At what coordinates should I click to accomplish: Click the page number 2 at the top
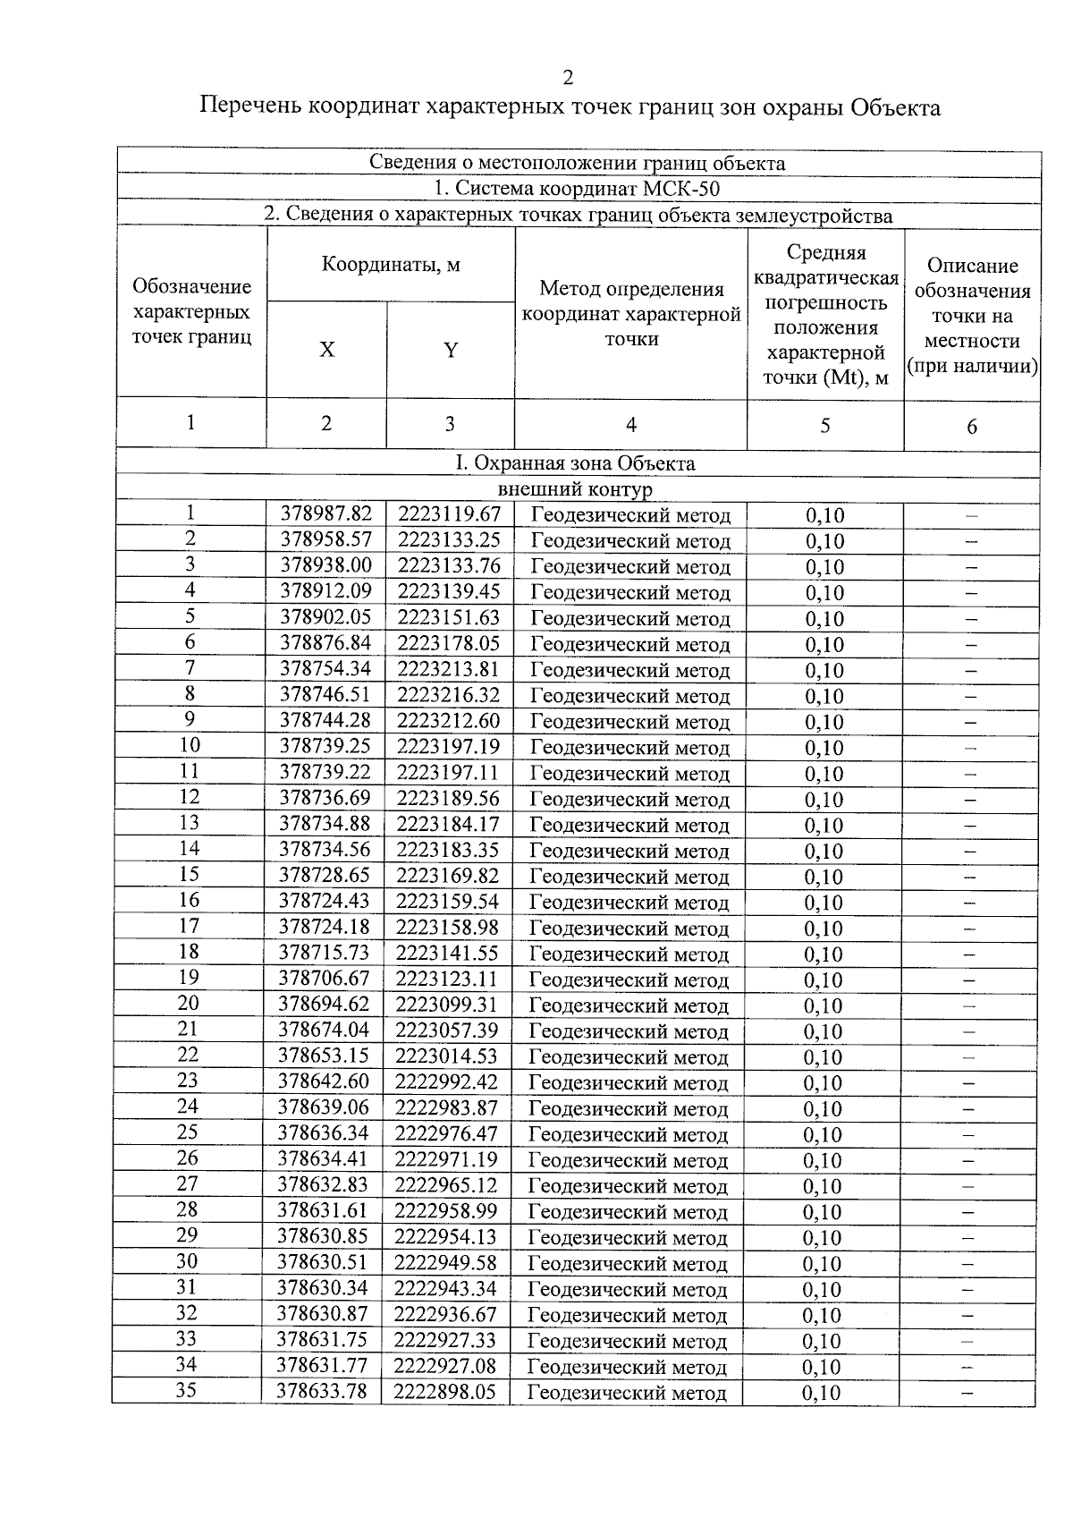pyautogui.click(x=568, y=78)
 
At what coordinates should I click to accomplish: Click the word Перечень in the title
pyautogui.click(x=249, y=107)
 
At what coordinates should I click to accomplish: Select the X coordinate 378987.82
pyautogui.click(x=326, y=514)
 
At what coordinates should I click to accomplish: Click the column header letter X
pyautogui.click(x=327, y=350)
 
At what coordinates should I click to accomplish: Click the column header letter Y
pyautogui.click(x=451, y=350)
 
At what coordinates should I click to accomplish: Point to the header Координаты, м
pyautogui.click(x=391, y=265)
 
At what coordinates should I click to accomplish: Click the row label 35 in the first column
pyautogui.click(x=186, y=1390)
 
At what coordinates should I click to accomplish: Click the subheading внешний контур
pyautogui.click(x=575, y=489)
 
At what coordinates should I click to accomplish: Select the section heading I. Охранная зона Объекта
pyautogui.click(x=575, y=463)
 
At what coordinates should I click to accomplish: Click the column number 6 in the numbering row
pyautogui.click(x=972, y=426)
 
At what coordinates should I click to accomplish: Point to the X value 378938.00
pyautogui.click(x=326, y=565)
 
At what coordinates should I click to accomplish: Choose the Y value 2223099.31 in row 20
pyautogui.click(x=446, y=1005)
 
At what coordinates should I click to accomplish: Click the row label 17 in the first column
pyautogui.click(x=189, y=926)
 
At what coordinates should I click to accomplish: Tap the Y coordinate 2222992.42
pyautogui.click(x=446, y=1081)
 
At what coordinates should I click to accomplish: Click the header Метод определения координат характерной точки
pyautogui.click(x=631, y=313)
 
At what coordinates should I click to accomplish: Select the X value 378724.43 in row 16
pyautogui.click(x=324, y=901)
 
